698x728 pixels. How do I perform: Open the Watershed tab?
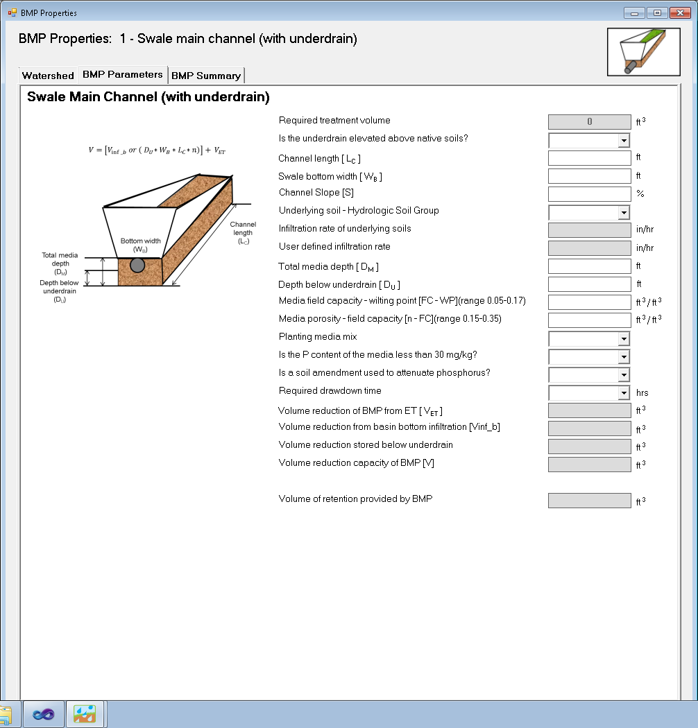click(x=48, y=76)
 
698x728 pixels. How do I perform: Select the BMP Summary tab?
click(x=206, y=76)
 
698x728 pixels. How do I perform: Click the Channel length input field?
click(x=589, y=158)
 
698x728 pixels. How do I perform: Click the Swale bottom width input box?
click(x=589, y=176)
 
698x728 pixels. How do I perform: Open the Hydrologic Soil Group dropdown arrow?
click(x=624, y=212)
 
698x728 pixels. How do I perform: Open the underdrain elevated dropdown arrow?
click(x=624, y=140)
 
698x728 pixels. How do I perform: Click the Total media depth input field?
click(x=589, y=266)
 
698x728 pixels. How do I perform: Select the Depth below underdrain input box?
click(x=589, y=284)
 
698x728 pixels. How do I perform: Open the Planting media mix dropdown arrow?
click(x=624, y=338)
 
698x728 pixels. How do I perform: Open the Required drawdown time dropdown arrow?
click(x=624, y=392)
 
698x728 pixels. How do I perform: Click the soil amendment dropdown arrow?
click(x=624, y=374)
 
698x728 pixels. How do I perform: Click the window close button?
click(x=680, y=12)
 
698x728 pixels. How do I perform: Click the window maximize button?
click(x=656, y=12)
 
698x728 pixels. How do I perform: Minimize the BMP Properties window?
click(x=633, y=12)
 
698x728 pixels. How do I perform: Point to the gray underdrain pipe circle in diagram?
click(x=137, y=265)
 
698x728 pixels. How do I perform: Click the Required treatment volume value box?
click(x=589, y=122)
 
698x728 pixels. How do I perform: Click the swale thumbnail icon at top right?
click(x=643, y=52)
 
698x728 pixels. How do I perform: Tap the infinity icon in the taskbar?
click(x=44, y=713)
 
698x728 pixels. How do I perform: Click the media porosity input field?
click(x=589, y=320)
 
